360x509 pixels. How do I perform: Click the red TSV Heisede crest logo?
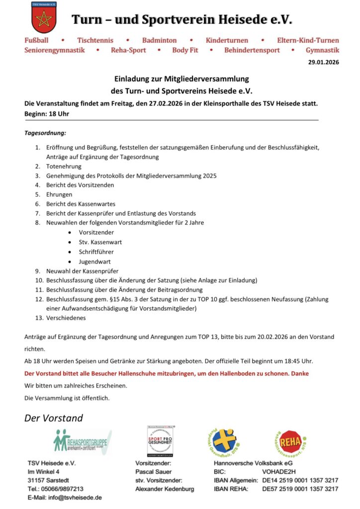pyautogui.click(x=44, y=19)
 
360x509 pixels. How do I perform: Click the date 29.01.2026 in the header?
pyautogui.click(x=324, y=63)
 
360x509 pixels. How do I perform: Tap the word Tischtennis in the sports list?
pyautogui.click(x=95, y=40)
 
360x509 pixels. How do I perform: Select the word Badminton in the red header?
pyautogui.click(x=159, y=40)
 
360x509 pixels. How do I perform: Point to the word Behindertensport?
pyautogui.click(x=252, y=50)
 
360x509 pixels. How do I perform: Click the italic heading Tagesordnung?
pyautogui.click(x=45, y=133)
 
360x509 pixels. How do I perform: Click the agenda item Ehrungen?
pyautogui.click(x=59, y=194)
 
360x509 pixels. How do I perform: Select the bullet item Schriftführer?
pyautogui.click(x=96, y=252)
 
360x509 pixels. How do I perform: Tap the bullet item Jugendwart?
pyautogui.click(x=94, y=261)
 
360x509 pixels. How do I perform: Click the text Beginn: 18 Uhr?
pyautogui.click(x=47, y=114)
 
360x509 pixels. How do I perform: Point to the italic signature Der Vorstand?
pyautogui.click(x=54, y=418)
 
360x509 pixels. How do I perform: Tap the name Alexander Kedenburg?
pyautogui.click(x=165, y=489)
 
